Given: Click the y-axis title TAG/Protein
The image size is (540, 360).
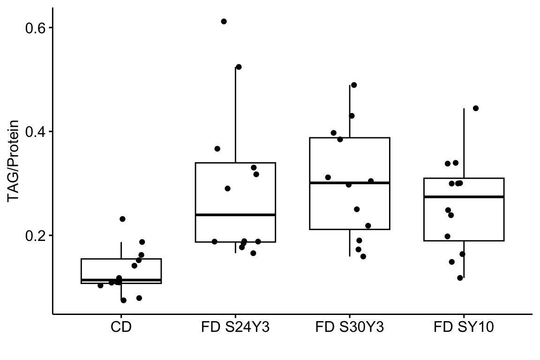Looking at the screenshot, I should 14,161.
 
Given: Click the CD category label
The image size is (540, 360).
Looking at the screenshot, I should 121,327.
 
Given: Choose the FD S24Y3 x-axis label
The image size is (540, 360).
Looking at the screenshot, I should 235,327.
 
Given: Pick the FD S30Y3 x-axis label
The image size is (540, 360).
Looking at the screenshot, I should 350,327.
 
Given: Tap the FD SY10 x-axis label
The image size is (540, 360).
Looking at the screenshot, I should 464,327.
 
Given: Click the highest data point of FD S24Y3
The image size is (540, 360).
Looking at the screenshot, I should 224,22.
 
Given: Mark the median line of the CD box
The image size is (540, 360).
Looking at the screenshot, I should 121,280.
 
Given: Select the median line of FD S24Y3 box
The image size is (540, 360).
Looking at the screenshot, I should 235,215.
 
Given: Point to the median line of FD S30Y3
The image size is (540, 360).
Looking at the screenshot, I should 350,183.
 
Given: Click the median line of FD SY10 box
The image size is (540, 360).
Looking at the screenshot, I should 464,197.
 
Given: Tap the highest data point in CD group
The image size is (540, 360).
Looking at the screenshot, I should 122,219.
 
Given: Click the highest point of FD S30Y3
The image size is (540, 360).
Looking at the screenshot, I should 354,85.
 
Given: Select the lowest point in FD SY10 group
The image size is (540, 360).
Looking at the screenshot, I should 460,278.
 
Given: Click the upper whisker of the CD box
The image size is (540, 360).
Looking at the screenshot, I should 121,250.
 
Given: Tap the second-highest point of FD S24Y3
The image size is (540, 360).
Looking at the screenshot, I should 239,67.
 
